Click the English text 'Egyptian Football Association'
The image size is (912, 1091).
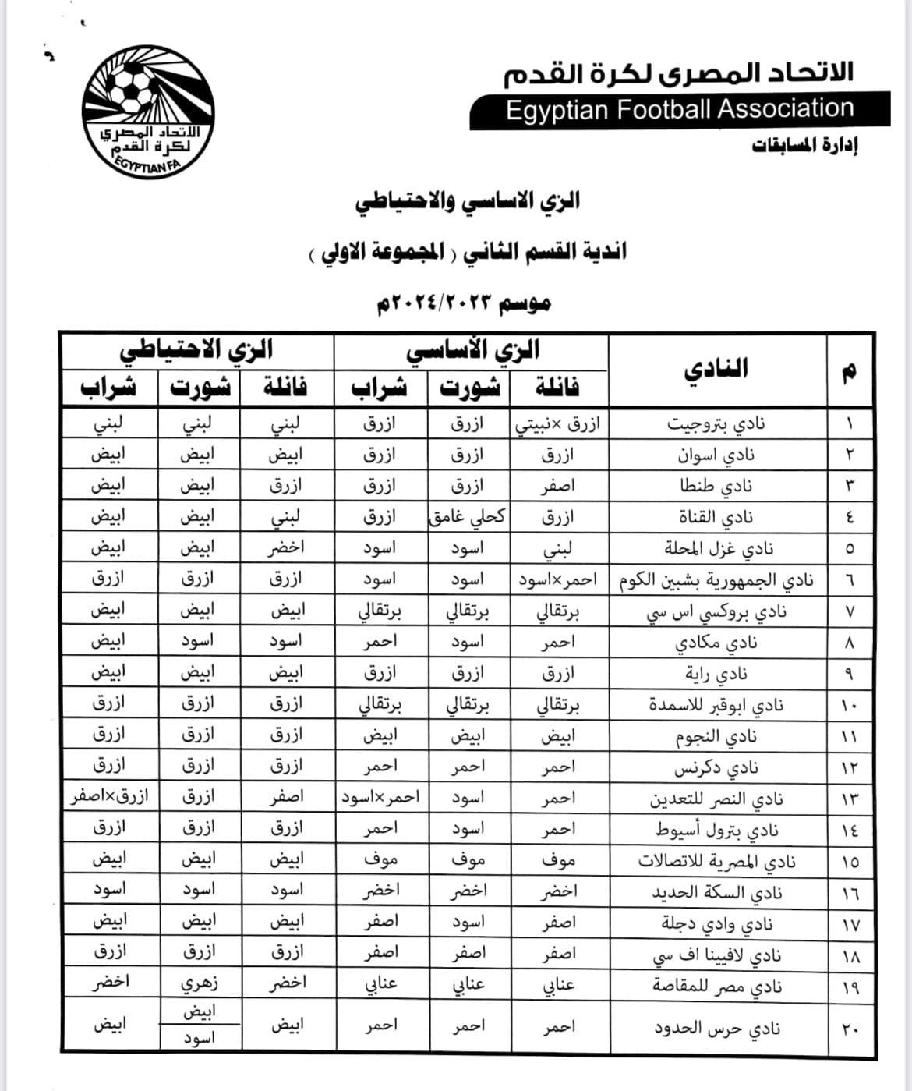click(x=680, y=109)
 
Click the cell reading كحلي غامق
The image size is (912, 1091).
click(x=468, y=517)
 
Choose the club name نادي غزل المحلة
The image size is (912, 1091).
click(x=718, y=548)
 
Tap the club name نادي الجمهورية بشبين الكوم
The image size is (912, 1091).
click(x=716, y=580)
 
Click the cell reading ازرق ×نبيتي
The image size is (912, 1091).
click(x=559, y=423)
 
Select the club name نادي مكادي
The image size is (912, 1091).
click(x=716, y=643)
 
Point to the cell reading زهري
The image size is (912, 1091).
click(x=200, y=983)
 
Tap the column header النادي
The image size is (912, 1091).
click(x=716, y=369)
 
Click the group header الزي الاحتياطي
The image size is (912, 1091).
click(x=196, y=350)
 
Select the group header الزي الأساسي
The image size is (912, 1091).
click(x=472, y=350)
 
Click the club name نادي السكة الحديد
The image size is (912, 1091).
click(x=716, y=893)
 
